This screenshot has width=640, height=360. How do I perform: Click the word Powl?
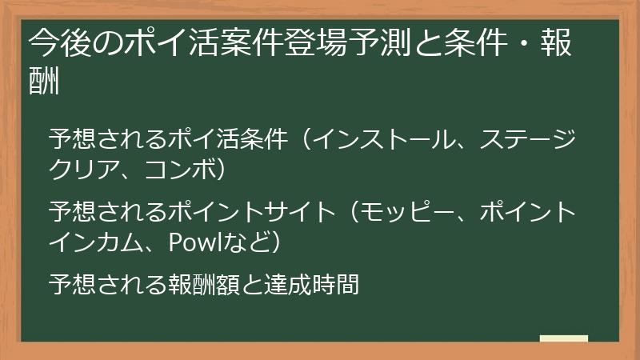(x=188, y=242)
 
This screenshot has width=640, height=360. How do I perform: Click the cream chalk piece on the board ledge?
(x=563, y=338)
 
